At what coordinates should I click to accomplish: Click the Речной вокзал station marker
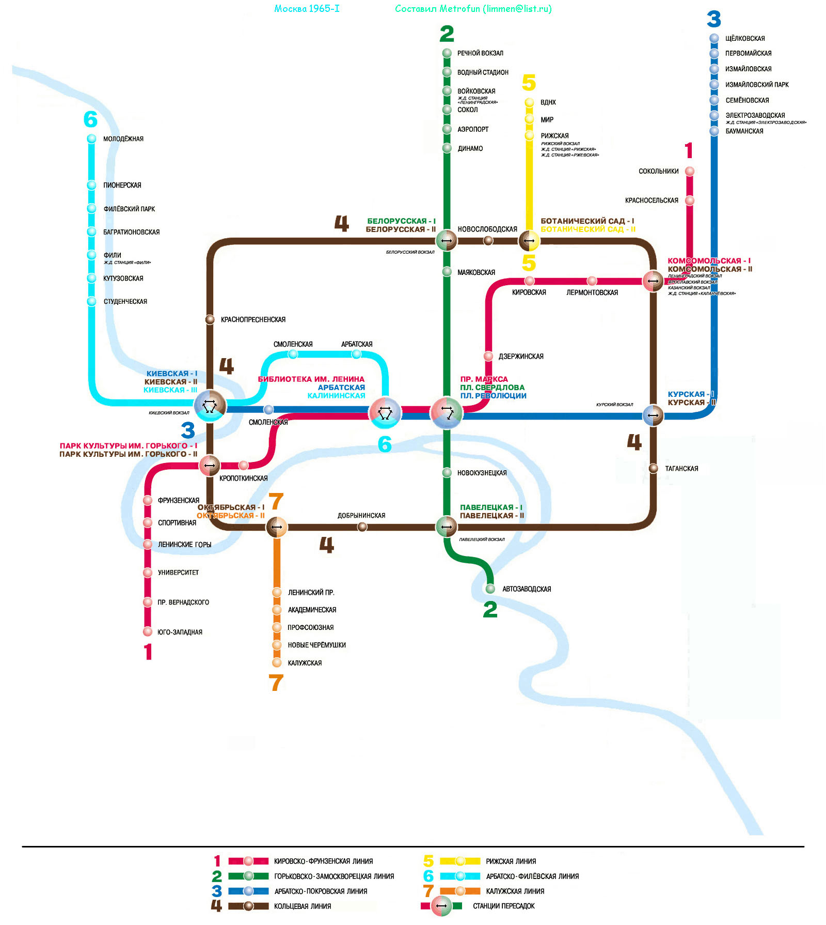tap(447, 53)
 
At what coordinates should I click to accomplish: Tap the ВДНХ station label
tap(548, 102)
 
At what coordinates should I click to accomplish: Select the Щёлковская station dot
tap(714, 38)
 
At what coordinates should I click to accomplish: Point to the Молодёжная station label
tap(123, 139)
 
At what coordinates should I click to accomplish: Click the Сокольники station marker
tap(690, 171)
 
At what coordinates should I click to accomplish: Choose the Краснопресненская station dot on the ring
tap(210, 319)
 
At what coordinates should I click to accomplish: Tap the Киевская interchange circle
tap(210, 406)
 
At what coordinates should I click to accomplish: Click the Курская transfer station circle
tap(653, 415)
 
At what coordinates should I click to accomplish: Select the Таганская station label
tap(681, 469)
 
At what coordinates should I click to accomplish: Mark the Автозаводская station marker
tap(490, 589)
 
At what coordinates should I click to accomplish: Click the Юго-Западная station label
tap(180, 632)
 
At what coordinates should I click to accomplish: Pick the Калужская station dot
tap(277, 662)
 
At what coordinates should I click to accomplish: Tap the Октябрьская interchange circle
tap(277, 527)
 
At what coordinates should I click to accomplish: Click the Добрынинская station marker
tap(362, 527)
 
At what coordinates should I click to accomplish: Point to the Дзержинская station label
tap(520, 357)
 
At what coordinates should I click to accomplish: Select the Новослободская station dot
tap(488, 240)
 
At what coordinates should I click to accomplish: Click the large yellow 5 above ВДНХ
tap(529, 83)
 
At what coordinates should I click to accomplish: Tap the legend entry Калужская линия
tap(515, 891)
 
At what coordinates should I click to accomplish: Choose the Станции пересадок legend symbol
tap(441, 906)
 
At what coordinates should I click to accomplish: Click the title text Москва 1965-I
tap(307, 9)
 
